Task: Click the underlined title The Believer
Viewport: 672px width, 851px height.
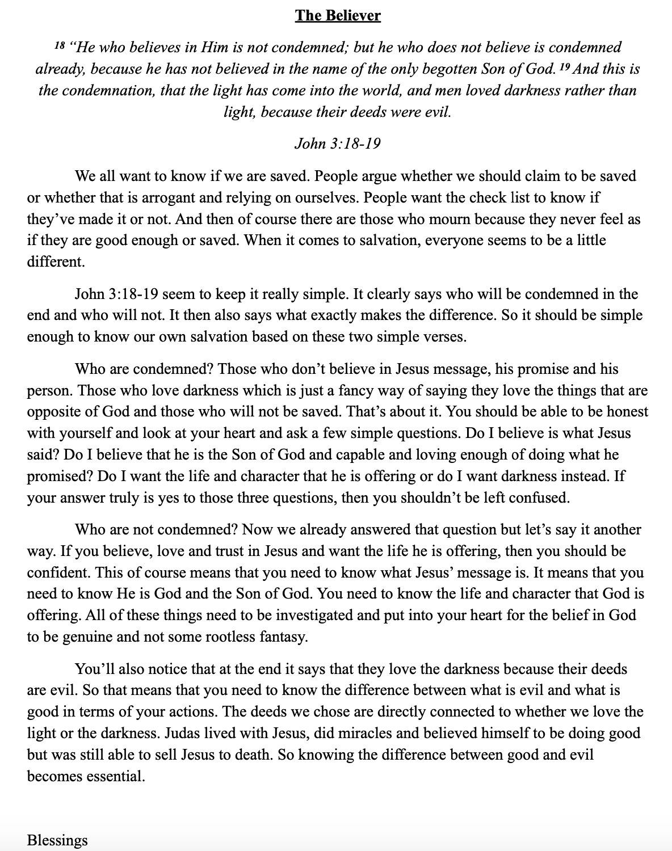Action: click(338, 15)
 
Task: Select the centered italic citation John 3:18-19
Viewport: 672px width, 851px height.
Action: click(337, 143)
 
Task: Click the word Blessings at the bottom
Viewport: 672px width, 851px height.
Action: click(57, 840)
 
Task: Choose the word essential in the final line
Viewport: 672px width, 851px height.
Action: click(116, 776)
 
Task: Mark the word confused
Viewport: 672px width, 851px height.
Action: click(539, 498)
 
